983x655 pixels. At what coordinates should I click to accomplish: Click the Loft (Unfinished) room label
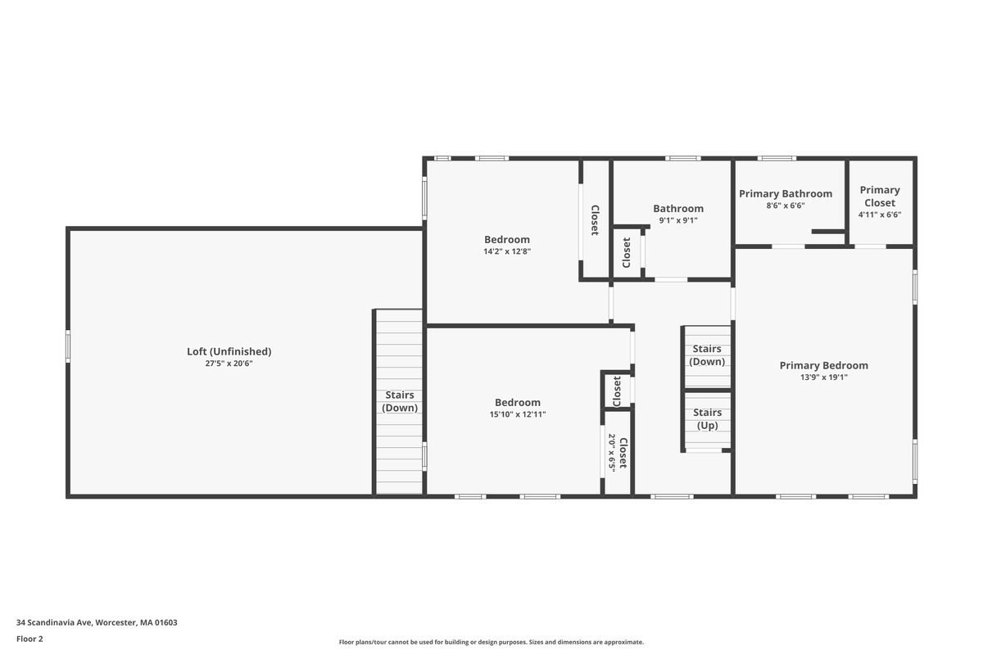(229, 351)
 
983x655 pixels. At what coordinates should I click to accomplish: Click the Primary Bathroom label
(786, 194)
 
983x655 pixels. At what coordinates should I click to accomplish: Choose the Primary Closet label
(880, 196)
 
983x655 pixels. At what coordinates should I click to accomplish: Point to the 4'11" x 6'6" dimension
(880, 215)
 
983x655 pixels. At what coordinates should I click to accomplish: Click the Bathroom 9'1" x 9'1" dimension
(678, 220)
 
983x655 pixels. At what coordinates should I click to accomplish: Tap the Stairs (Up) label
(707, 419)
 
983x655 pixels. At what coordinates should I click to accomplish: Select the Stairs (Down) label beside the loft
(400, 401)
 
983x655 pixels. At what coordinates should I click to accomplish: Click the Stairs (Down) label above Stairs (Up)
(707, 355)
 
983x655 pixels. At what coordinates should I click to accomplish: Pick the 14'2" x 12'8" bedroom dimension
(507, 251)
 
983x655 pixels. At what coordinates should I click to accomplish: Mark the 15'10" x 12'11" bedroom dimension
(518, 414)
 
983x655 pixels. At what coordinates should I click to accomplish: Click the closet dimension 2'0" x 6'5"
(611, 453)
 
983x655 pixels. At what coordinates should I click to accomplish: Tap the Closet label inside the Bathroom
(627, 252)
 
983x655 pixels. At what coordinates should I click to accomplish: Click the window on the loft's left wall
(68, 346)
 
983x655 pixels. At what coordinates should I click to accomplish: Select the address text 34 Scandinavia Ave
(97, 622)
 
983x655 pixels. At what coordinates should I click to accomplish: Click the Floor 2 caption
(29, 639)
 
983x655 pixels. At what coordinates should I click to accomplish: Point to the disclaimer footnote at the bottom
(491, 642)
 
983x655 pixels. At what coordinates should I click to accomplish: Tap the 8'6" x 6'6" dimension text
(786, 206)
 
